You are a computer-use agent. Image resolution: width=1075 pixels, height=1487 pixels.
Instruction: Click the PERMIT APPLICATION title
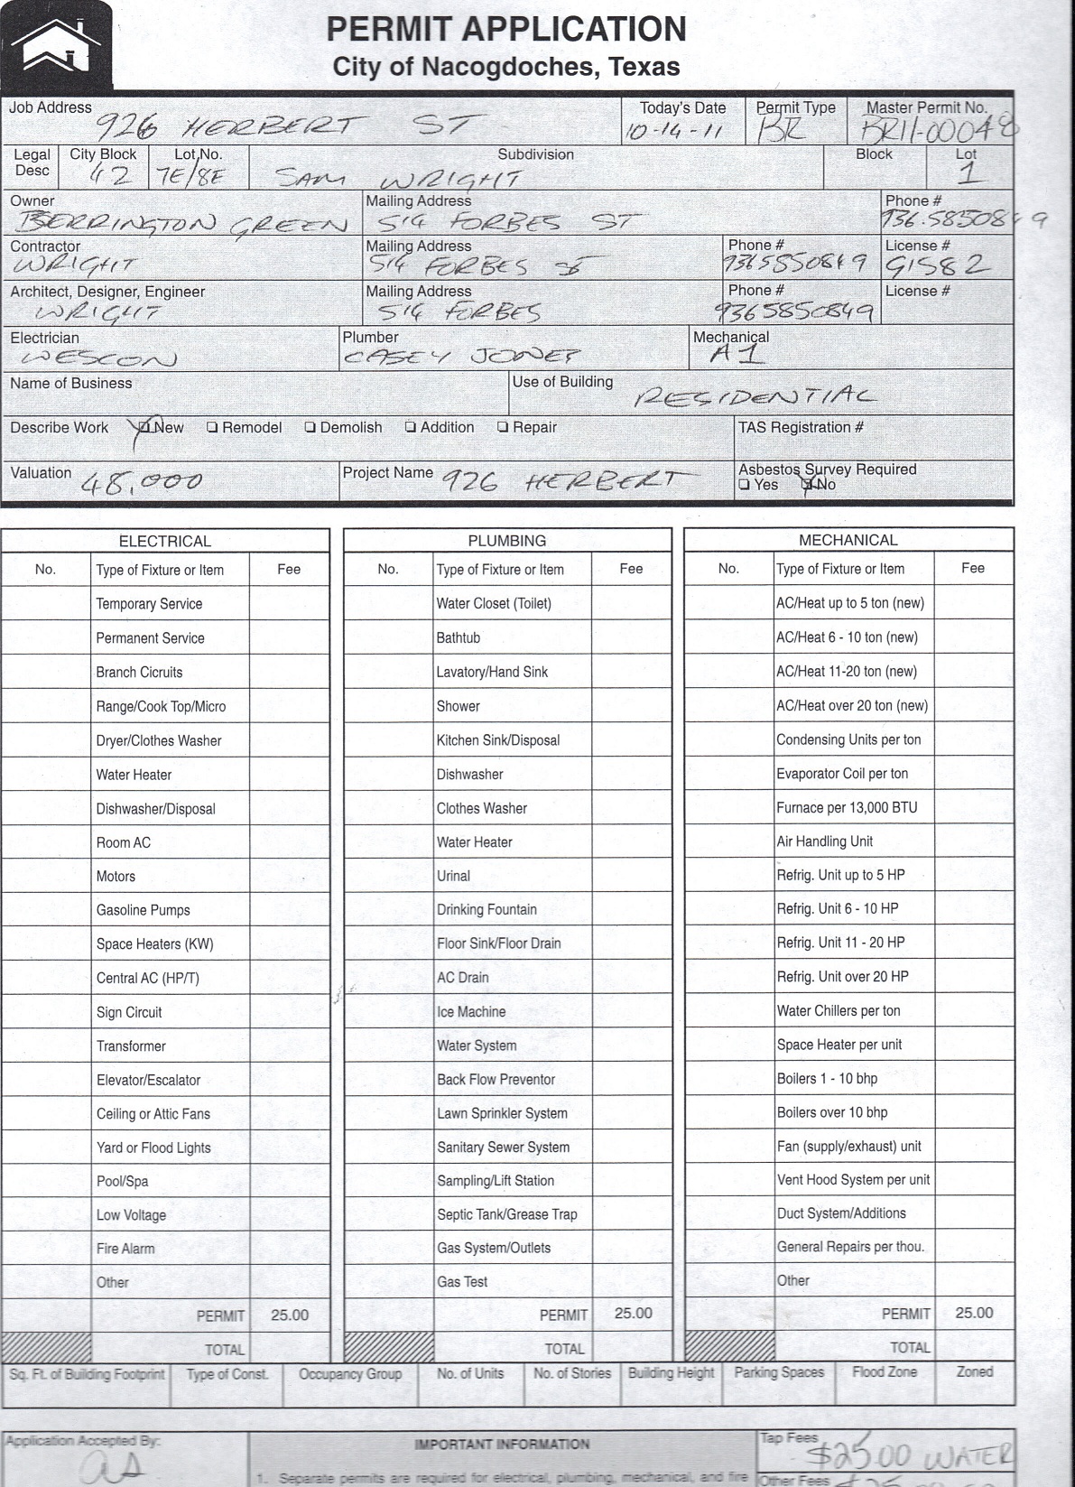(505, 30)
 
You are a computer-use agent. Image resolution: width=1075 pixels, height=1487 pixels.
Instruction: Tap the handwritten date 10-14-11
(675, 132)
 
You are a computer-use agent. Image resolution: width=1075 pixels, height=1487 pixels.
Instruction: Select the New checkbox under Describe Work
(146, 428)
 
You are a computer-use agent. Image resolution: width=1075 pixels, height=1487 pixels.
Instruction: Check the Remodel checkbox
(212, 428)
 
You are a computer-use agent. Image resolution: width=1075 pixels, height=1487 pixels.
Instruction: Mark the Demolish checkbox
(310, 428)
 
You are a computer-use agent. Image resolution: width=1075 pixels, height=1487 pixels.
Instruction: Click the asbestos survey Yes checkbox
(744, 485)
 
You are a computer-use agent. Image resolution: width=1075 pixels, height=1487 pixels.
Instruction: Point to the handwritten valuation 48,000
(142, 483)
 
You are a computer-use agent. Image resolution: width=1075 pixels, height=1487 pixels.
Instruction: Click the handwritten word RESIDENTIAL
(755, 397)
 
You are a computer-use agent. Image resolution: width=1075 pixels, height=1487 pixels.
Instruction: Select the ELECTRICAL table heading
(164, 542)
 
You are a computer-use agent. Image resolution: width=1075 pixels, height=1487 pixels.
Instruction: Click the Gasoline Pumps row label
(143, 910)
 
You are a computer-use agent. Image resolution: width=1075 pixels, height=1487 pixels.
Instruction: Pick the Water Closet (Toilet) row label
(493, 603)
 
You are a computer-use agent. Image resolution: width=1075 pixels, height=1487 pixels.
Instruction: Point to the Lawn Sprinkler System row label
(502, 1113)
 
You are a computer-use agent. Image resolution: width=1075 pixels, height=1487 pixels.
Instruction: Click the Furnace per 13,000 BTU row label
(847, 807)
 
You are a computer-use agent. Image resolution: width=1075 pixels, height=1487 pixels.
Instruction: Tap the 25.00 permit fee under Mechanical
(974, 1313)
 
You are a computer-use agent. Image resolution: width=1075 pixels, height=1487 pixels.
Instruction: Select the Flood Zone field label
(885, 1372)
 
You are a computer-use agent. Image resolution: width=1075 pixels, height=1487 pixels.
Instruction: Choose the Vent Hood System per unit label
(853, 1180)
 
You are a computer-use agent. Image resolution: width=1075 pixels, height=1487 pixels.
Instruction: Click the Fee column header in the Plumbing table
(631, 569)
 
